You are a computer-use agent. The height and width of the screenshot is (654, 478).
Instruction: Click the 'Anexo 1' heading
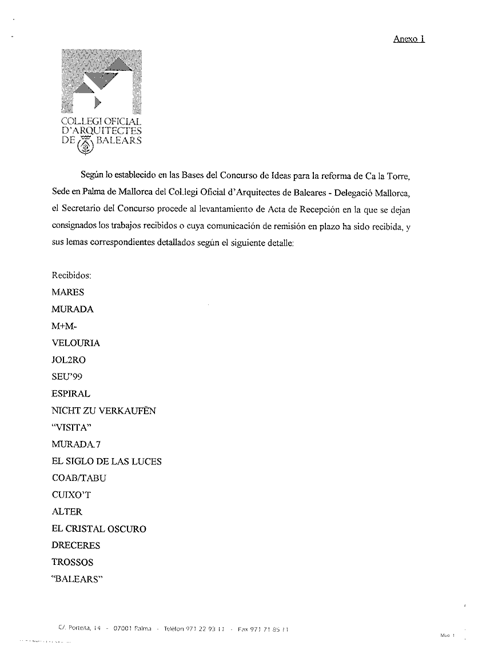409,39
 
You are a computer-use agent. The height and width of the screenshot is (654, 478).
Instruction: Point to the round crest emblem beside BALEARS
87,146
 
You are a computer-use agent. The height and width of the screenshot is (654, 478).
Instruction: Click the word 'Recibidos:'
71,275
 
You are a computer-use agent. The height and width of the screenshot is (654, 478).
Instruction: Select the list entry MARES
67,292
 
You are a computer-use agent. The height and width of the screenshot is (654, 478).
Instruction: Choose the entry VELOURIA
75,343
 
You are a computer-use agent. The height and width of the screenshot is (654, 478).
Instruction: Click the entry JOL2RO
69,360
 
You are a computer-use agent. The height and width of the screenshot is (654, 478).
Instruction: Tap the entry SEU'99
67,377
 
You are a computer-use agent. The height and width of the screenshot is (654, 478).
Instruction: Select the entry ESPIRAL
71,394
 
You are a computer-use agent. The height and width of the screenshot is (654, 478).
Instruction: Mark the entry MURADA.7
77,444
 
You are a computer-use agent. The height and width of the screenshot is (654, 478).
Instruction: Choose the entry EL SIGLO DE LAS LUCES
106,462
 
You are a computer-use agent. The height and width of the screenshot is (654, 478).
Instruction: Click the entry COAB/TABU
79,478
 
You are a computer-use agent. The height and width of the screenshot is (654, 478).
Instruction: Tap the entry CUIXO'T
72,495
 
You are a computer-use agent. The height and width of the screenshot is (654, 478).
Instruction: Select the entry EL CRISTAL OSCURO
98,529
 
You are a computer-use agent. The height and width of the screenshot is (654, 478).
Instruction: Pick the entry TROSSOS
72,563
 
